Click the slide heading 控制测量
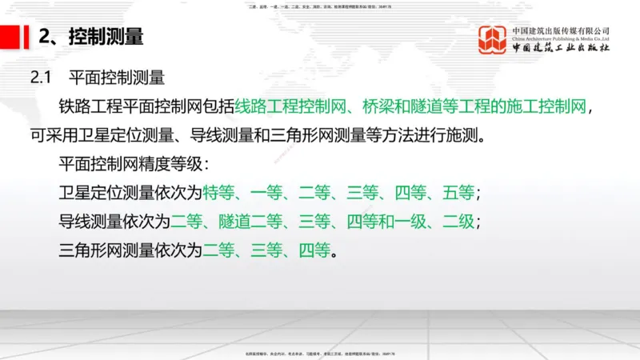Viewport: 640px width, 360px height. click(x=106, y=37)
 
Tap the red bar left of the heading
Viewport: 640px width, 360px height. click(x=16, y=36)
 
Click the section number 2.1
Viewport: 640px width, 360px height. click(x=41, y=78)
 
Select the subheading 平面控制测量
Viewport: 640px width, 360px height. click(x=117, y=78)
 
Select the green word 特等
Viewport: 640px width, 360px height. click(x=218, y=193)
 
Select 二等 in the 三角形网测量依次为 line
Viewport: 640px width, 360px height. click(x=218, y=250)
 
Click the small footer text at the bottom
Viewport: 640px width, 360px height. click(x=320, y=354)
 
